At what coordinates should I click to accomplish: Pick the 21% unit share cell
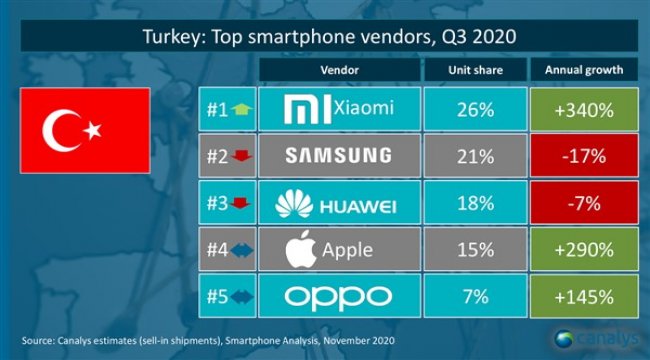[470, 156]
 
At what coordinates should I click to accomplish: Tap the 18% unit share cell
[470, 203]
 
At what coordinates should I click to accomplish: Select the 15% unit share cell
[470, 249]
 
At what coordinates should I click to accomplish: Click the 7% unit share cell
[470, 296]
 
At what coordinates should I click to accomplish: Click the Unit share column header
[470, 71]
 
